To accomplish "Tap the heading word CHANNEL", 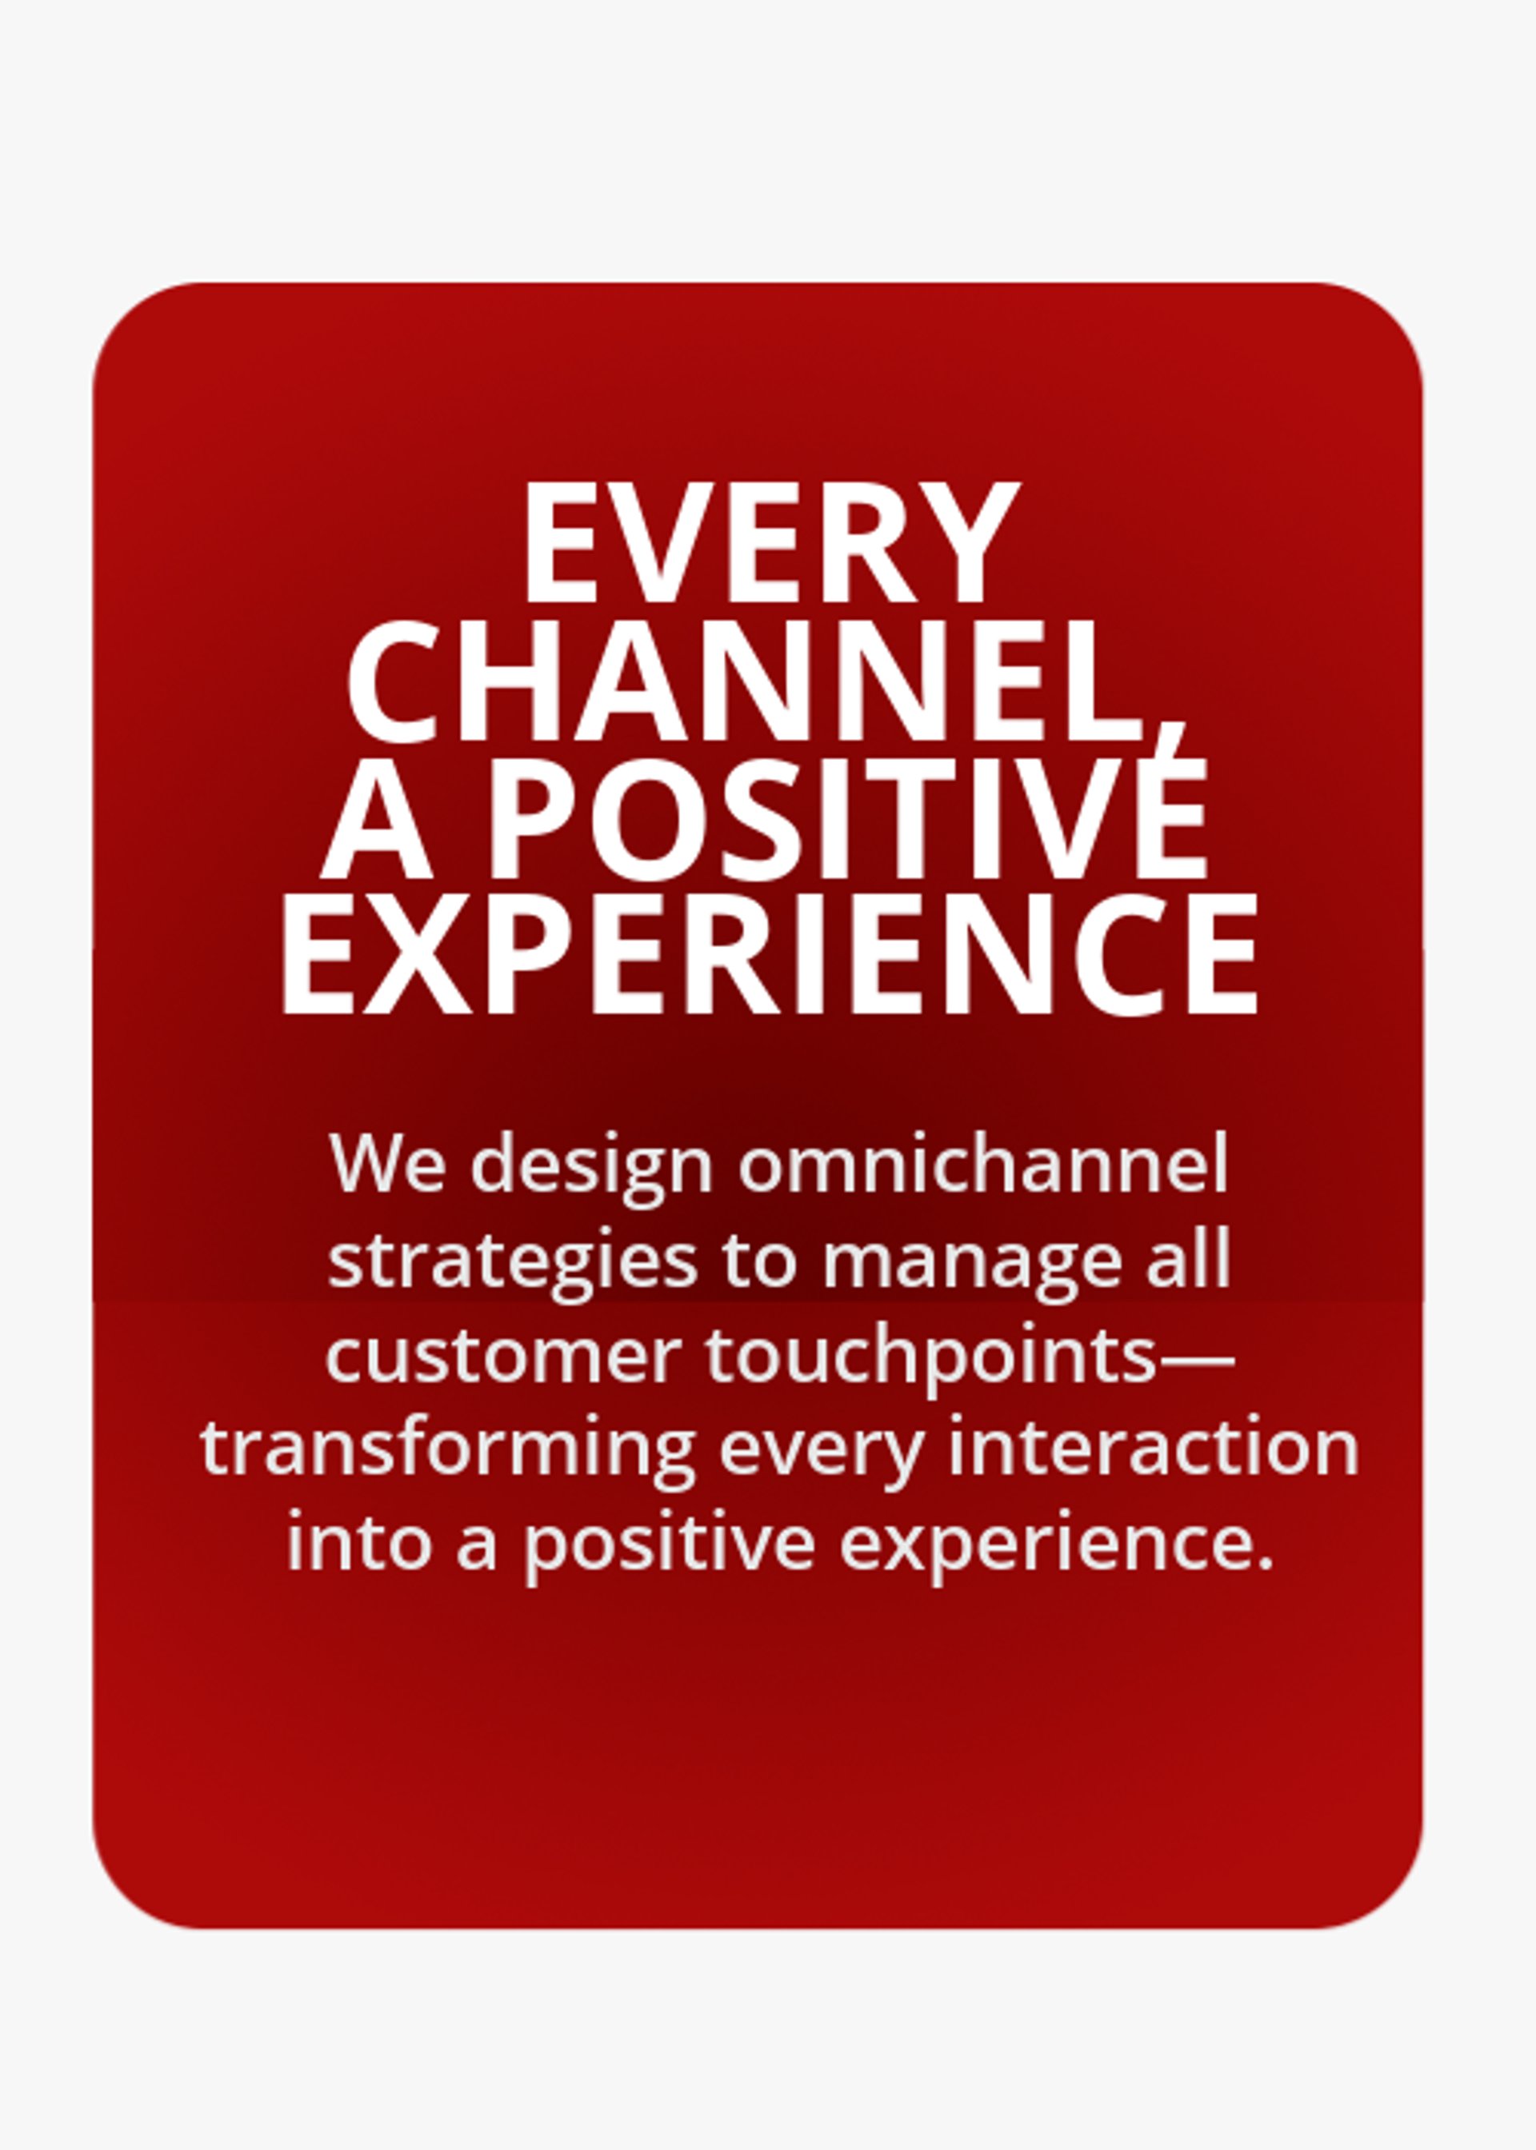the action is tap(746, 681).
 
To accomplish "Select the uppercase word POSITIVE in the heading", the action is tap(846, 820).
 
